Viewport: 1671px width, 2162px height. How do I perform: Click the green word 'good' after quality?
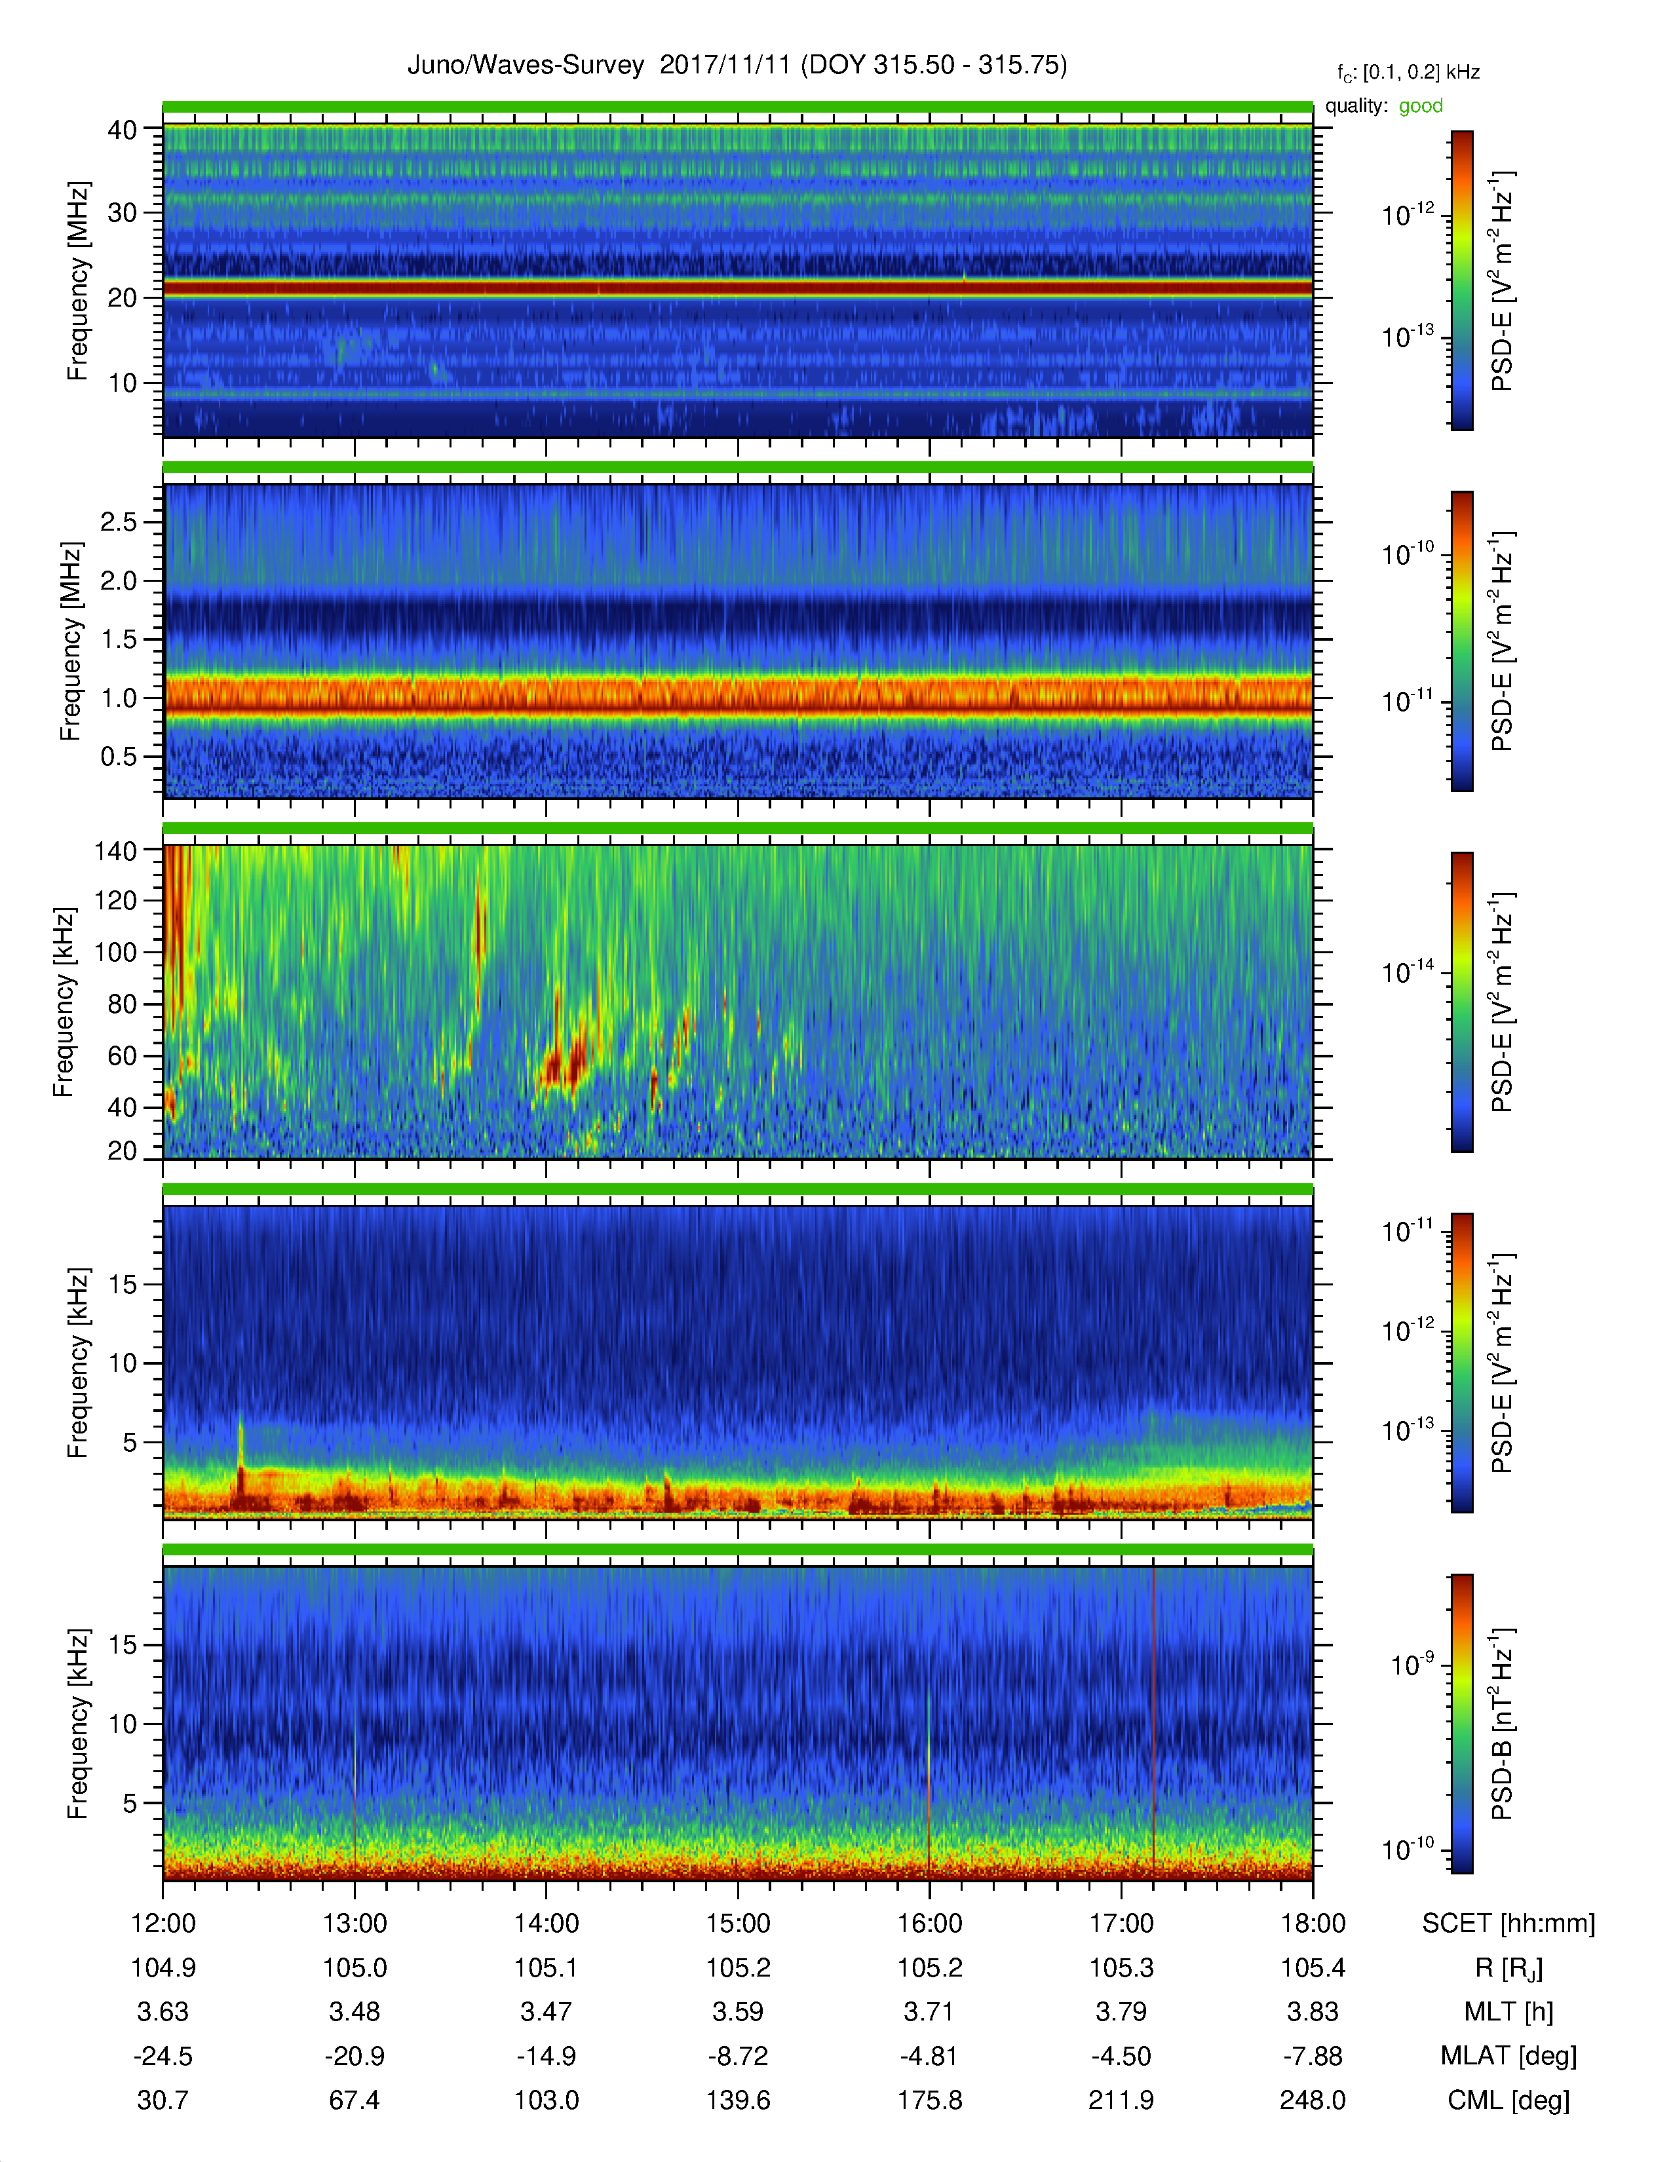pos(1421,106)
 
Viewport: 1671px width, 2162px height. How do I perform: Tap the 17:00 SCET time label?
pos(1122,1924)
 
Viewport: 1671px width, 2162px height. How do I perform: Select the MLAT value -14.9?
pos(547,2056)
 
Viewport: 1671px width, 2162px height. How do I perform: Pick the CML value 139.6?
pos(737,2100)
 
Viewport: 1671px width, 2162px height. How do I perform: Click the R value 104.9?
pos(163,1968)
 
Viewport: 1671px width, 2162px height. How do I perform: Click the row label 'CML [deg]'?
pos(1508,2100)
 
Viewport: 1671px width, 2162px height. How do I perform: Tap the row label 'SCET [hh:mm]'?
pos(1508,1924)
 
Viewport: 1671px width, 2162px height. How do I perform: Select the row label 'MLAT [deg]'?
pos(1508,2056)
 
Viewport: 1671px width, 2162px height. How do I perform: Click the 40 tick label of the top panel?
pos(123,130)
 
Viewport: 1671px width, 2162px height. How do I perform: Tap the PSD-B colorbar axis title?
pos(1503,1724)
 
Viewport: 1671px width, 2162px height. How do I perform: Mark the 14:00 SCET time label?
pos(547,1924)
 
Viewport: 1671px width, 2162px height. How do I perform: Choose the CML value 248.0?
pos(1313,2100)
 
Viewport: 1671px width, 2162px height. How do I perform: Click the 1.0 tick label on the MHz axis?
pos(119,698)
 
